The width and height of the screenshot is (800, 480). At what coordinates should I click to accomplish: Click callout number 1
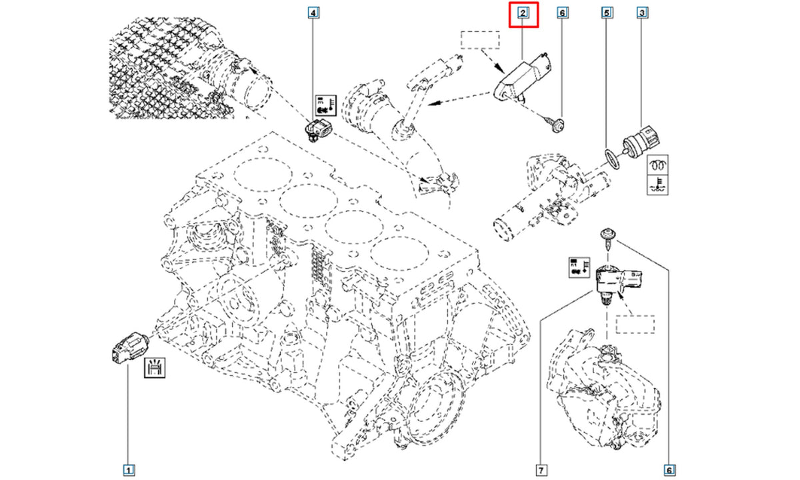(x=129, y=470)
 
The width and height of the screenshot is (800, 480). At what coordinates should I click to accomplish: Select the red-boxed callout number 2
(x=523, y=13)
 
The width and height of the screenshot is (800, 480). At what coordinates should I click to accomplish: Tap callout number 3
(x=642, y=13)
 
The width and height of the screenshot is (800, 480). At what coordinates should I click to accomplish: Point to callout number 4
(x=313, y=13)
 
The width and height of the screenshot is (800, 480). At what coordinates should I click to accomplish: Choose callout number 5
(x=607, y=13)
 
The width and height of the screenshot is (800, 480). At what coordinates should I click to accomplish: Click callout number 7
(x=541, y=470)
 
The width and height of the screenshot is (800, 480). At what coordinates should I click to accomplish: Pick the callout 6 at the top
(x=562, y=13)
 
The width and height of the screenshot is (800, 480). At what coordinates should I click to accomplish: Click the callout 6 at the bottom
(x=669, y=470)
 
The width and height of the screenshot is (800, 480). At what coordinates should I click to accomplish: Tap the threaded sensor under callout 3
(x=641, y=143)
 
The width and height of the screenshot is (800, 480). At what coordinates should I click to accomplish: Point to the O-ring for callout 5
(x=613, y=159)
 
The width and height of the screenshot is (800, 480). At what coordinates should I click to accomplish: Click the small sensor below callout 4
(x=318, y=131)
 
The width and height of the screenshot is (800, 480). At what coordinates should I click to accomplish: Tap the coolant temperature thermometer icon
(x=657, y=185)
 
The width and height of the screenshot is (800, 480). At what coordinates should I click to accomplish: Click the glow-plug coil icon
(x=657, y=165)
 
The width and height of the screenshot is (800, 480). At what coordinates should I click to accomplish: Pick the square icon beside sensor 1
(x=154, y=367)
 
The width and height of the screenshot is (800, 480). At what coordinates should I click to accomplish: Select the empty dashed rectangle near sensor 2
(x=480, y=40)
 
